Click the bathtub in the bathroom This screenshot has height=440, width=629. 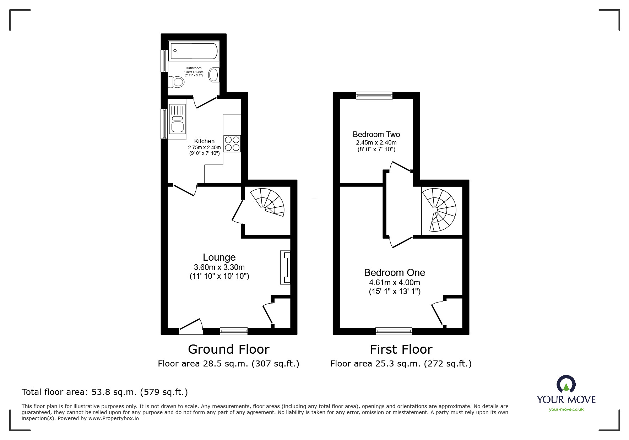click(x=194, y=51)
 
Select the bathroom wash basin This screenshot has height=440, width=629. click(x=214, y=75)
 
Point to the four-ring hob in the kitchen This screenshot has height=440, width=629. click(x=232, y=144)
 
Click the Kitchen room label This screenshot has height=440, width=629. click(x=204, y=141)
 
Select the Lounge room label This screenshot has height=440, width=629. click(x=219, y=257)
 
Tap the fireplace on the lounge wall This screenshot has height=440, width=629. click(x=286, y=267)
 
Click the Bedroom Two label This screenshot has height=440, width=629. click(x=376, y=135)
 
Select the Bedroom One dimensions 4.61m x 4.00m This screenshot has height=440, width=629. click(x=394, y=283)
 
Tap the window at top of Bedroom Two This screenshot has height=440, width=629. click(x=374, y=95)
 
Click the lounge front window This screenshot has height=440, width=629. click(x=234, y=331)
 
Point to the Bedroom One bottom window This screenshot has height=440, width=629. click(x=394, y=331)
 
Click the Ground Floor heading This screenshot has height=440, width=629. click(x=228, y=349)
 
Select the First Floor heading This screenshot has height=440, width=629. click(x=401, y=349)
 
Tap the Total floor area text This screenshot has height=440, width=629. click(x=105, y=392)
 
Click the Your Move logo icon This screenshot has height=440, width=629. click(x=566, y=385)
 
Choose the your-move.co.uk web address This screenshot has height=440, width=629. click(x=566, y=409)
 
